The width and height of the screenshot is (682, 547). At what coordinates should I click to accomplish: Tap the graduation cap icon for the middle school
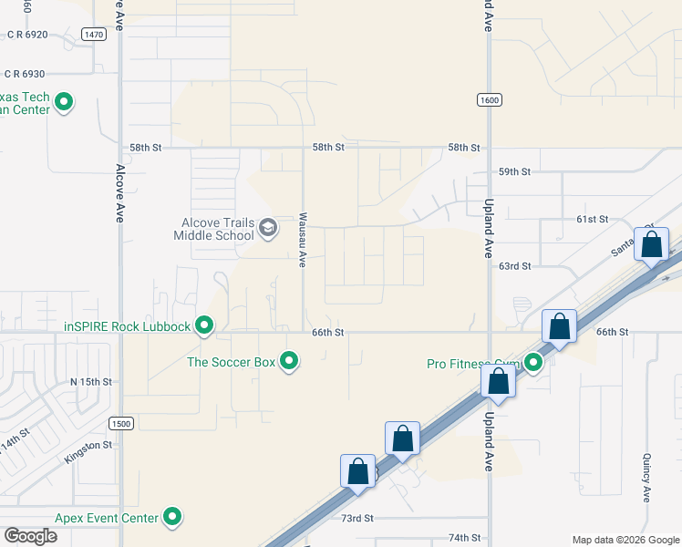[x=268, y=227]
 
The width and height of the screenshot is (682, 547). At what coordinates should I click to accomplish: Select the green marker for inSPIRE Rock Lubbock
[x=204, y=325]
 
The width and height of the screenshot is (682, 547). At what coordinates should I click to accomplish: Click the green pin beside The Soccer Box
[x=289, y=362]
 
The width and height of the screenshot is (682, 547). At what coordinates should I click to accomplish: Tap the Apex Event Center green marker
[x=172, y=518]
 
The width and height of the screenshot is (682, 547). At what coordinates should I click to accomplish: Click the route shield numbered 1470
[x=93, y=34]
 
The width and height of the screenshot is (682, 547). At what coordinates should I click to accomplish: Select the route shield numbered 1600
[x=489, y=99]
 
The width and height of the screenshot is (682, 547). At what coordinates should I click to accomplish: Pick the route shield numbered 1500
[x=120, y=423]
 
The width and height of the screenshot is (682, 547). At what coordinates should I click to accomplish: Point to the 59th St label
[x=514, y=171]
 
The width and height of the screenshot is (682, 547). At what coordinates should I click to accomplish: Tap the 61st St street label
[x=592, y=220]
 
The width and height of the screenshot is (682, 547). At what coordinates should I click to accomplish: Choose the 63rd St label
[x=514, y=266]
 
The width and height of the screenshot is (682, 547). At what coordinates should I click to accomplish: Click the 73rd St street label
[x=357, y=518]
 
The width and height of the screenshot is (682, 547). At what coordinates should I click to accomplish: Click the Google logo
[x=31, y=535]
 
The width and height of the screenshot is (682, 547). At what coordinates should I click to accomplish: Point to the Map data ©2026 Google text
[x=625, y=540]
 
